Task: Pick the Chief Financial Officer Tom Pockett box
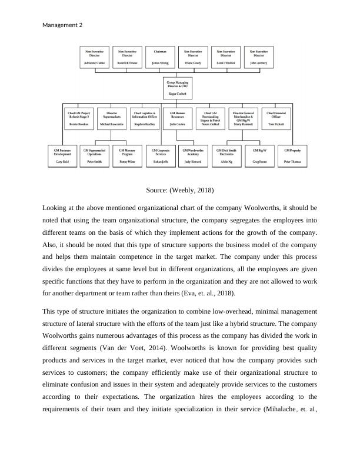pyautogui.click(x=275, y=119)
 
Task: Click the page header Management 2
pyautogui.click(x=63, y=25)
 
